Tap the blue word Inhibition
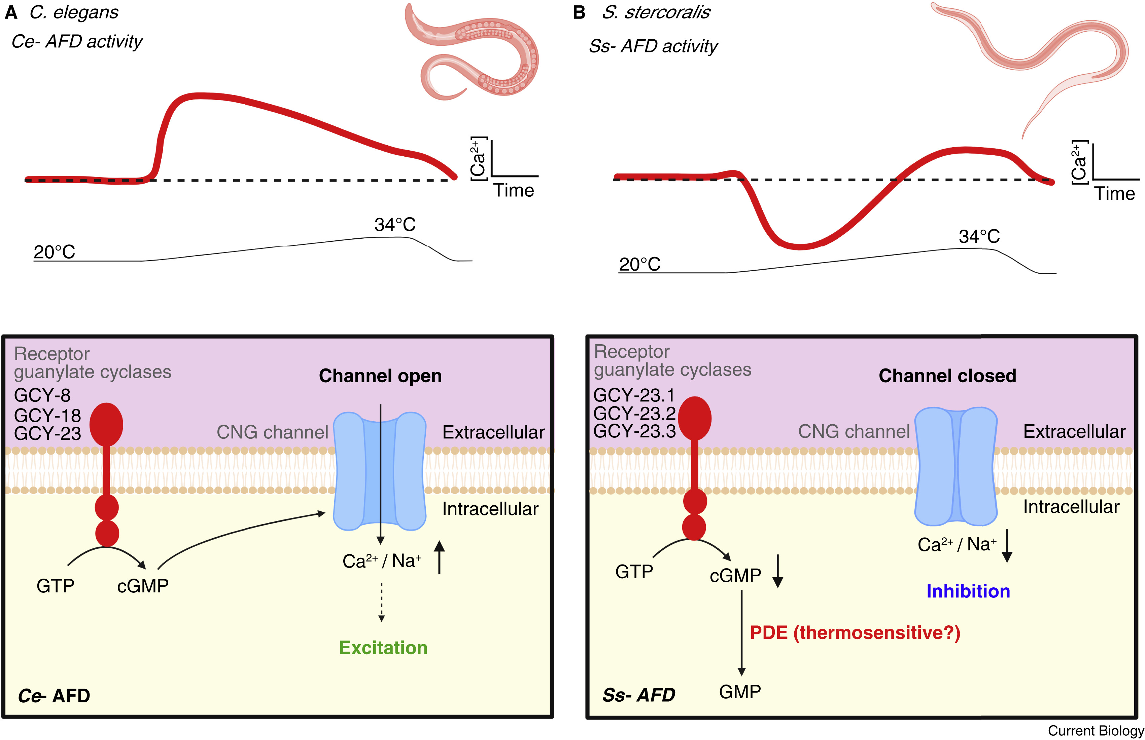(968, 591)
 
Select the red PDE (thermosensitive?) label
(855, 632)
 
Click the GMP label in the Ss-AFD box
(740, 692)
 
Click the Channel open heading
(380, 376)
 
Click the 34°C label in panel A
(395, 224)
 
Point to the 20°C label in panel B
(639, 264)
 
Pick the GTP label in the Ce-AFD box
(55, 586)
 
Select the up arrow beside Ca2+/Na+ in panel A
(439, 557)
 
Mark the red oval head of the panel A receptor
(106, 424)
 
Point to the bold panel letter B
(579, 12)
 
